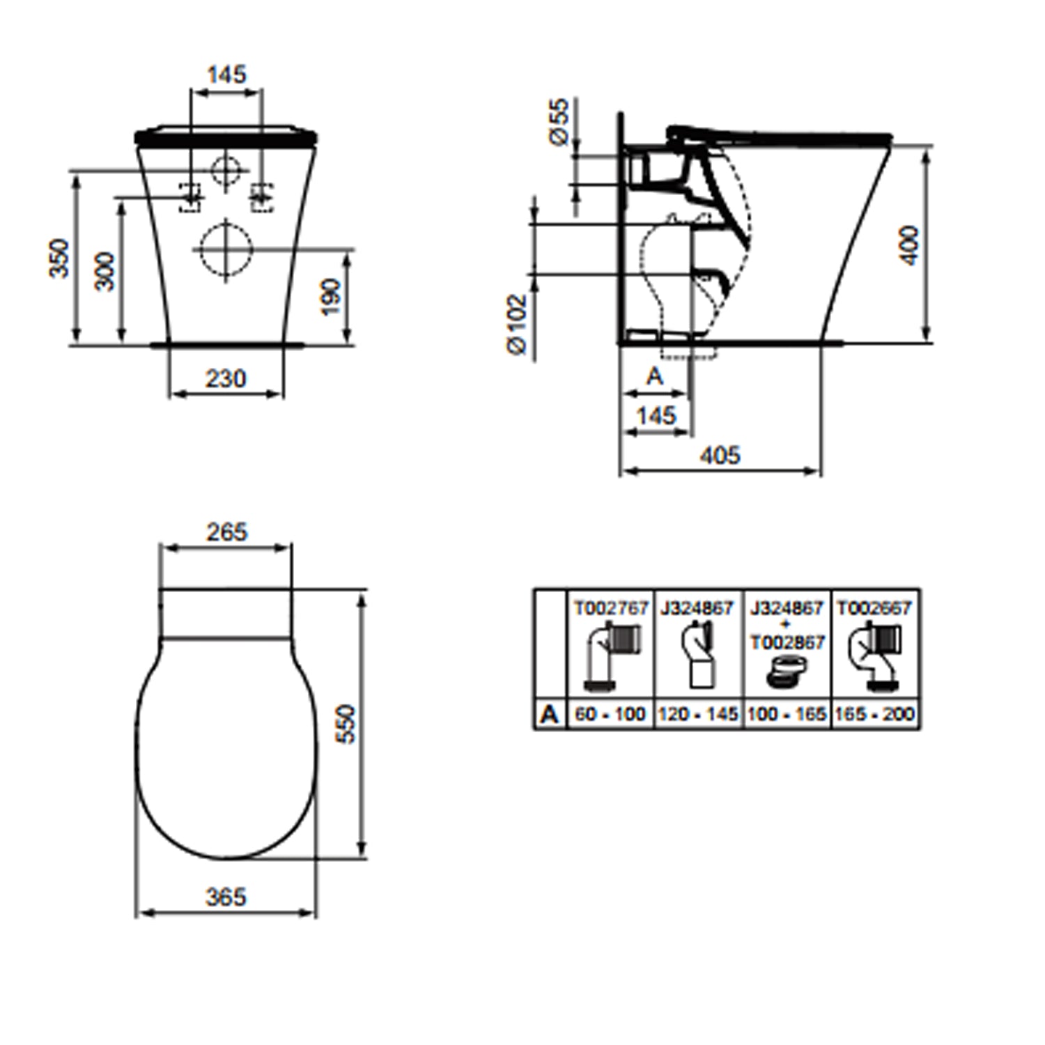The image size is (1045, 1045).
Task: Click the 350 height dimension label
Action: [59, 258]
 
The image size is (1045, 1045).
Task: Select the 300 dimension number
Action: [104, 272]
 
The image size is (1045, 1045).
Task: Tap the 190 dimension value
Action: [332, 297]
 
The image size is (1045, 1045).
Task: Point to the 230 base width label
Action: [226, 378]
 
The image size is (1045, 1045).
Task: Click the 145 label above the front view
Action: [227, 74]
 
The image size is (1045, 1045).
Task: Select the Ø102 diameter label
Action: [518, 324]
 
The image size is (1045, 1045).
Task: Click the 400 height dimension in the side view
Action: [909, 245]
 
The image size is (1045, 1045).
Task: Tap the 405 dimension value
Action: [720, 455]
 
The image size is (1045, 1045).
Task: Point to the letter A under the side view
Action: [655, 376]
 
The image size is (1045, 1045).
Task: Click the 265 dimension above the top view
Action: [227, 532]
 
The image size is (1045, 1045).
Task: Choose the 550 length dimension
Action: [346, 724]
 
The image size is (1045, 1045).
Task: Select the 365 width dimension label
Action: [226, 897]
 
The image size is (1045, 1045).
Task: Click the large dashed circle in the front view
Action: [226, 249]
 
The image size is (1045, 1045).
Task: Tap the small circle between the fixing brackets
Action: [226, 169]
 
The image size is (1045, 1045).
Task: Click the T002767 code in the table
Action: [611, 608]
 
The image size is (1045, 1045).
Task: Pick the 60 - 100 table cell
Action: [611, 714]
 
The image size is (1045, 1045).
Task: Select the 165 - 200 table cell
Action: [874, 714]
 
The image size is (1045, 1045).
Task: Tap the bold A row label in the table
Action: [550, 714]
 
